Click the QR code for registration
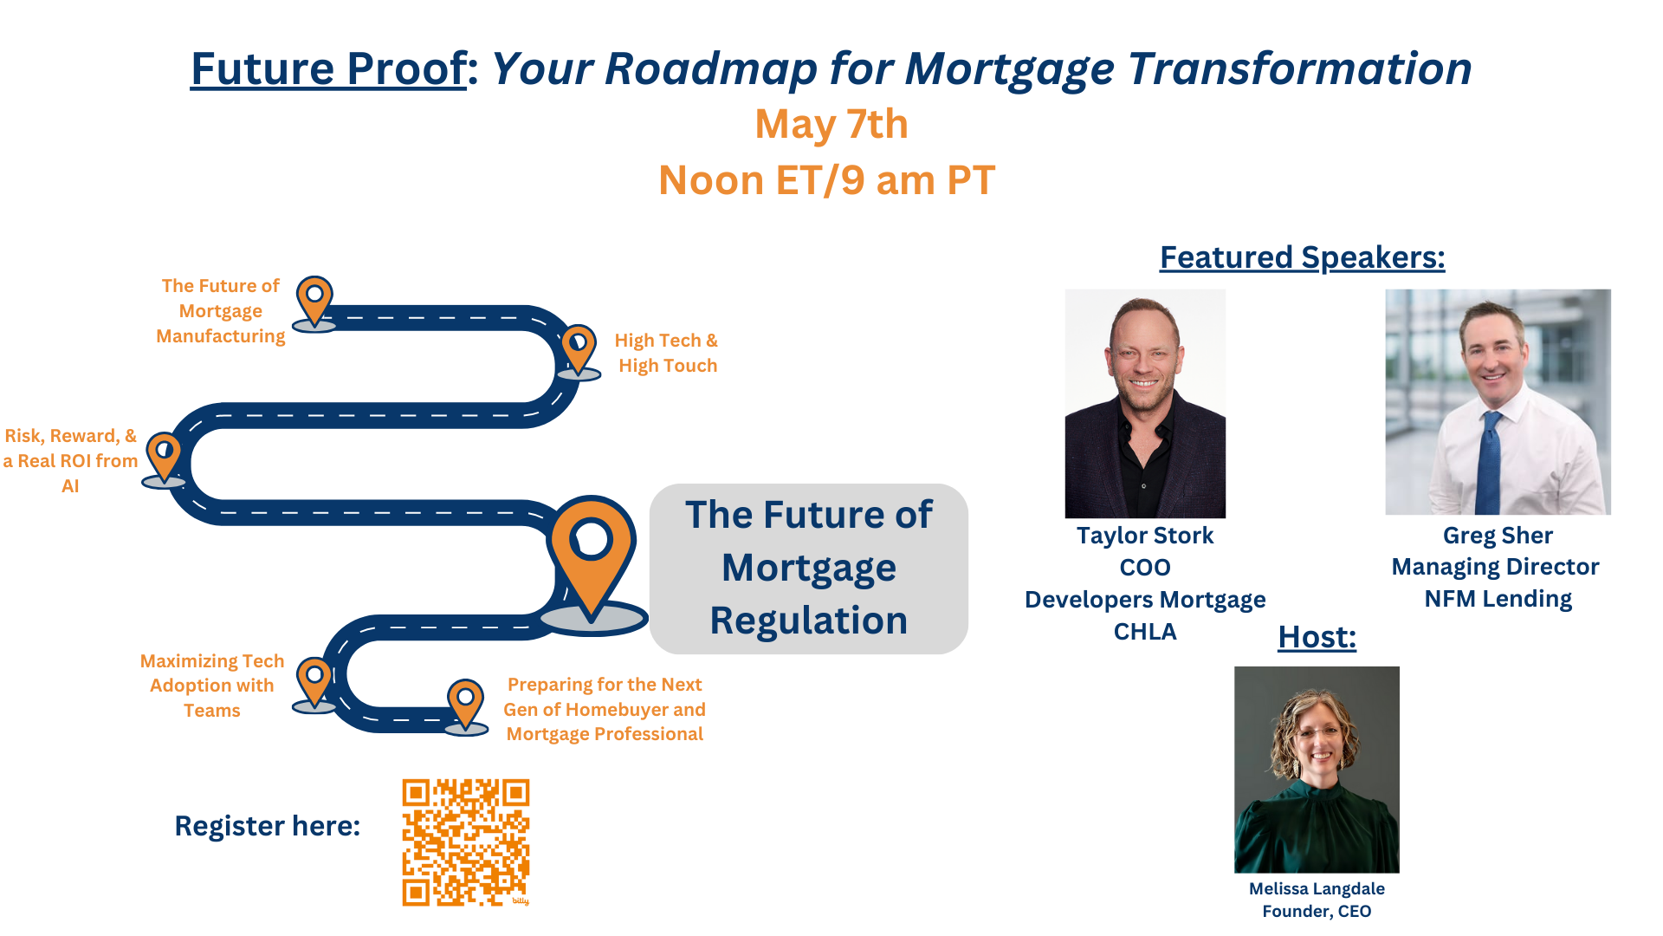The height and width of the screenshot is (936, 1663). (x=465, y=842)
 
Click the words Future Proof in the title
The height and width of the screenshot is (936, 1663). (x=328, y=68)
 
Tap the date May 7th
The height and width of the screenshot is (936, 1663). (x=831, y=124)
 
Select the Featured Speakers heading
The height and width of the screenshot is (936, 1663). (x=1302, y=257)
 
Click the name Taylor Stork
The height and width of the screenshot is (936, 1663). (x=1144, y=536)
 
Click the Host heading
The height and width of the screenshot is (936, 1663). (x=1317, y=637)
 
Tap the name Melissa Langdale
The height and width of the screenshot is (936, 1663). (x=1316, y=888)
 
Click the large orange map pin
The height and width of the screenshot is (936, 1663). (x=592, y=550)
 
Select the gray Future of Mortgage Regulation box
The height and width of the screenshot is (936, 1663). (x=808, y=568)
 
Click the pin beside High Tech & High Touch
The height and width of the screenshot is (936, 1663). (x=578, y=348)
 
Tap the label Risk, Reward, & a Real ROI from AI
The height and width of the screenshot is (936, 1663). (x=70, y=460)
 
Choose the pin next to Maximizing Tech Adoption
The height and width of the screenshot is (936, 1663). (x=314, y=679)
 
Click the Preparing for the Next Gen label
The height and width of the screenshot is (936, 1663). (x=605, y=709)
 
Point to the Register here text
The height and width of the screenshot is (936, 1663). (x=267, y=826)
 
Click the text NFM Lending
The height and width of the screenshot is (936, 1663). (x=1498, y=599)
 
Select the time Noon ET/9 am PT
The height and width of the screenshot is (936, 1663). (x=826, y=180)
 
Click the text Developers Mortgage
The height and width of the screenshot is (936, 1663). (x=1144, y=600)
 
